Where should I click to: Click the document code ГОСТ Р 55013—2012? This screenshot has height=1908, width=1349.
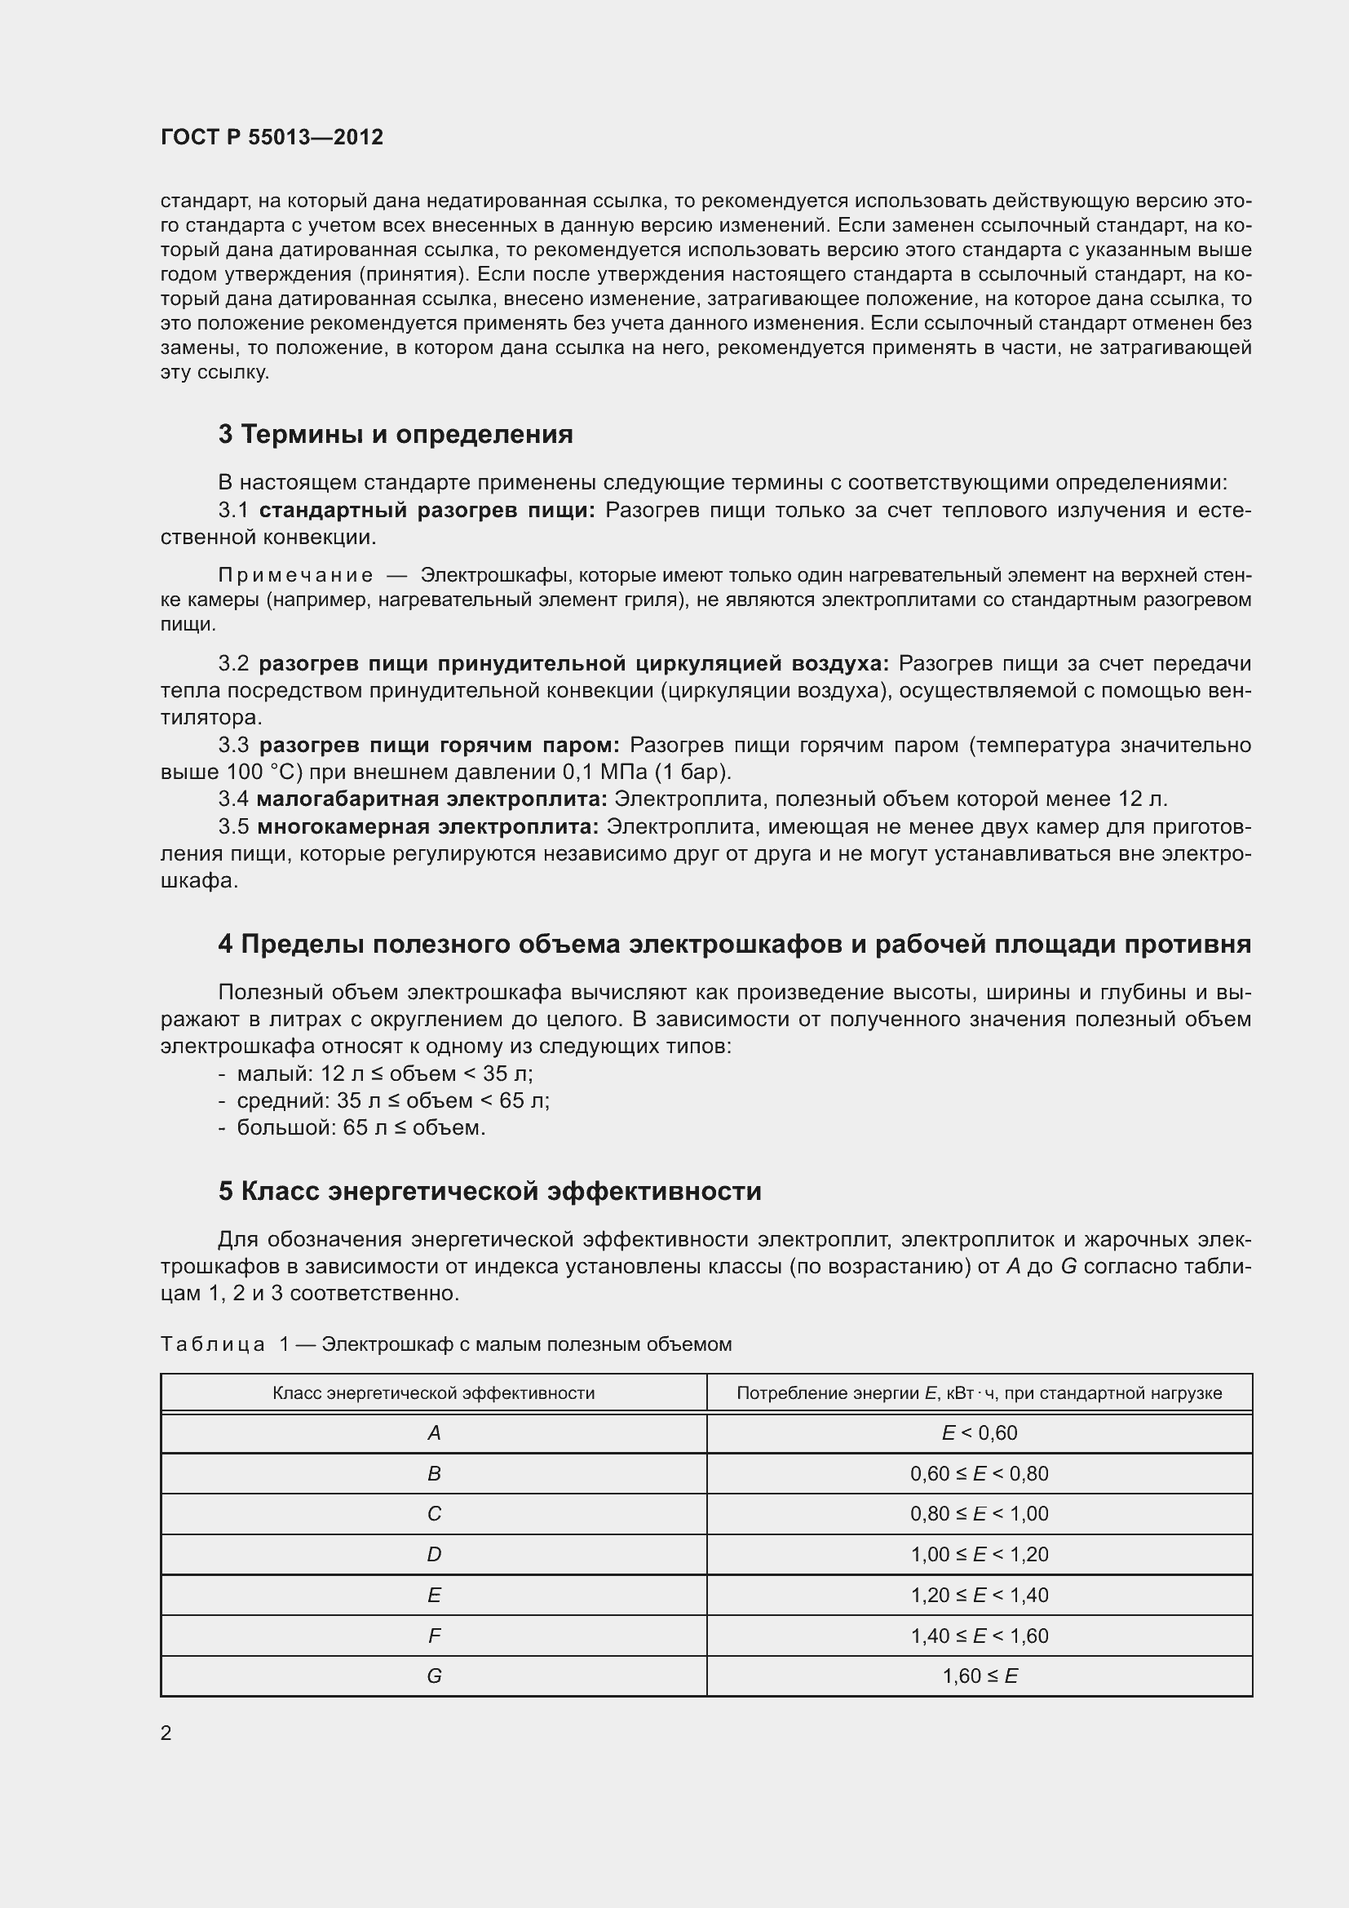[x=272, y=137]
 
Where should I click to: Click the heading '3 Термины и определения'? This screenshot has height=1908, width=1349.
[x=396, y=434]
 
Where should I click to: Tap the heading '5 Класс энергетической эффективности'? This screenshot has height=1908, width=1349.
[x=489, y=1191]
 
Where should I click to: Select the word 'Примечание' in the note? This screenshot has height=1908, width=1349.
[x=295, y=575]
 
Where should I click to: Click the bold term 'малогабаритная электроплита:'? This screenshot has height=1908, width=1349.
[x=431, y=799]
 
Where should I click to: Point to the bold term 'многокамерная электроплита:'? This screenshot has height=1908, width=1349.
[x=428, y=826]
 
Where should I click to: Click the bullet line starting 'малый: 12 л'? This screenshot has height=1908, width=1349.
[x=385, y=1073]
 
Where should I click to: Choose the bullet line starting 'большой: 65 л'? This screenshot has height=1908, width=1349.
[x=360, y=1127]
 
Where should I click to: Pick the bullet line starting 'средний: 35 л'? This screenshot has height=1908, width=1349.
[x=393, y=1100]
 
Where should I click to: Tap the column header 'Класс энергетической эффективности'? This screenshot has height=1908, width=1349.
[x=434, y=1392]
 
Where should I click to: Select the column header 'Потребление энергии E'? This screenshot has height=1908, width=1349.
[x=979, y=1392]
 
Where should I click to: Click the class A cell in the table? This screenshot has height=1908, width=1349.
[x=434, y=1432]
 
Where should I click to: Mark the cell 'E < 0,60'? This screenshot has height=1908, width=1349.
[x=979, y=1432]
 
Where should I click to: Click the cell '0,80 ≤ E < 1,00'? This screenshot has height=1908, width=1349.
[x=979, y=1513]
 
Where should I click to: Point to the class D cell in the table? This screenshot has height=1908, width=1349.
[x=434, y=1554]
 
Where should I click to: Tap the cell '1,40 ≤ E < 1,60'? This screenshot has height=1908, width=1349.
[x=979, y=1636]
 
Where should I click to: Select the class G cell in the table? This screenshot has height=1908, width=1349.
[x=434, y=1676]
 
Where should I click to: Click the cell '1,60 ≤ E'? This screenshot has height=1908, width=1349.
[x=979, y=1676]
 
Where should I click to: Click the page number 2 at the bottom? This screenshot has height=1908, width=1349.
[x=166, y=1733]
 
